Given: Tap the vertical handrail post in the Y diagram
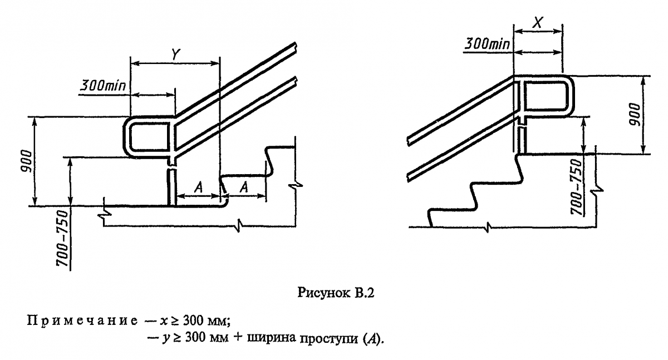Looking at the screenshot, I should coord(172,186).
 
